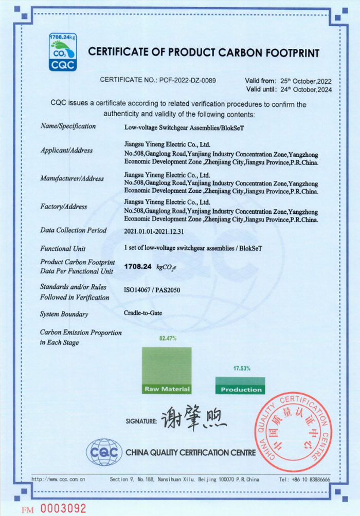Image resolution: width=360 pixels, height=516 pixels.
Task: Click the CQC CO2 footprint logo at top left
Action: (x=63, y=51)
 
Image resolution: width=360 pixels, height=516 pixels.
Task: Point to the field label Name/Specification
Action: (x=68, y=126)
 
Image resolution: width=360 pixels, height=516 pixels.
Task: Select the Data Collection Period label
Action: (x=74, y=230)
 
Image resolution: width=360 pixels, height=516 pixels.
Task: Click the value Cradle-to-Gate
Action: (x=142, y=312)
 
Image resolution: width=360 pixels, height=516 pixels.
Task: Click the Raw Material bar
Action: (x=167, y=371)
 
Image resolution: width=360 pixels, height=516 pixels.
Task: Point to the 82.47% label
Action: (x=168, y=338)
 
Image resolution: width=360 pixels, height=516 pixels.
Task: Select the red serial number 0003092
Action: (x=63, y=508)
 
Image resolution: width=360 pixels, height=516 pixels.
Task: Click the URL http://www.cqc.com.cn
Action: (x=58, y=479)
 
